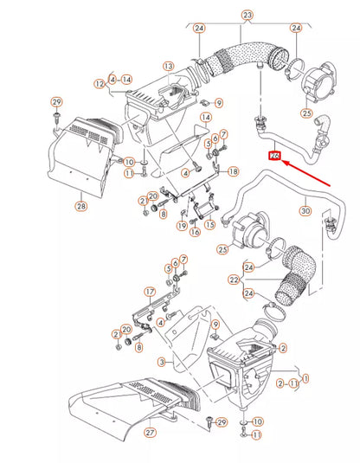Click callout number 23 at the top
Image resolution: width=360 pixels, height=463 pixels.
pos(247,16)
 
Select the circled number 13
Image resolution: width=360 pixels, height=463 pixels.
pos(168,66)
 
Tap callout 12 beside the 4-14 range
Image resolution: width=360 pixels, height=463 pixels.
pos(100,83)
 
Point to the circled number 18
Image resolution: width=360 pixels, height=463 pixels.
pos(233,173)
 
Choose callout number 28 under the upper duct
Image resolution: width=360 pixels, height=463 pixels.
pos(81,206)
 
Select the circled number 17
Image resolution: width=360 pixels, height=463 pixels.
pos(149,292)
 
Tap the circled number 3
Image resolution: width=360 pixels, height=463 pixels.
pos(161,361)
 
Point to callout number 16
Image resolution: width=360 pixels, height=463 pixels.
pos(195,231)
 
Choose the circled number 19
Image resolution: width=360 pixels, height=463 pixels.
pos(182,225)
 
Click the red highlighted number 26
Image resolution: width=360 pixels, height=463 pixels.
pos(275,157)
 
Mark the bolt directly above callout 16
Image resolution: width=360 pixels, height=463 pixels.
pos(195,216)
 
